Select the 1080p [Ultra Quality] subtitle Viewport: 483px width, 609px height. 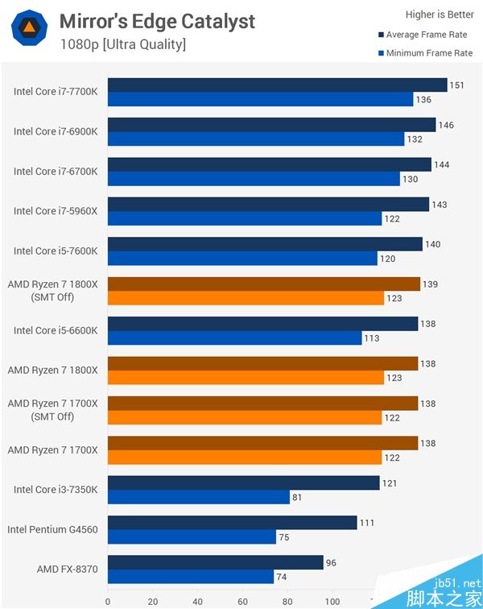[x=122, y=43]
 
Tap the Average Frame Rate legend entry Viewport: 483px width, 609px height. [x=424, y=35]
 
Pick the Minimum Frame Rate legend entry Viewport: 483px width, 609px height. [x=424, y=53]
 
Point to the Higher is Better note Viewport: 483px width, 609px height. [x=439, y=14]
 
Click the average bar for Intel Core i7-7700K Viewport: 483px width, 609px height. [x=277, y=85]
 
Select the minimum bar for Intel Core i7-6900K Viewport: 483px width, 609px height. [x=255, y=139]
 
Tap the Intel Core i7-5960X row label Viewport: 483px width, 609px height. [x=56, y=211]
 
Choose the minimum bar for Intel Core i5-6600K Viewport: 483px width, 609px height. [x=234, y=338]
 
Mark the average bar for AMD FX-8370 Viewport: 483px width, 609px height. [x=215, y=562]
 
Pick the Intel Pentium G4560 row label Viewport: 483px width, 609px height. [x=52, y=529]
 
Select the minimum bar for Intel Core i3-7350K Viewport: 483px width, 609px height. [x=198, y=497]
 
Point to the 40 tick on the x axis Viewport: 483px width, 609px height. [x=197, y=600]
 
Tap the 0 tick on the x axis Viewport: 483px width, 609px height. [x=108, y=600]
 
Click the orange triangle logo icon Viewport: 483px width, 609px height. [x=28, y=27]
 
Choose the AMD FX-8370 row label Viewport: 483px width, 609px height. [x=67, y=570]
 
